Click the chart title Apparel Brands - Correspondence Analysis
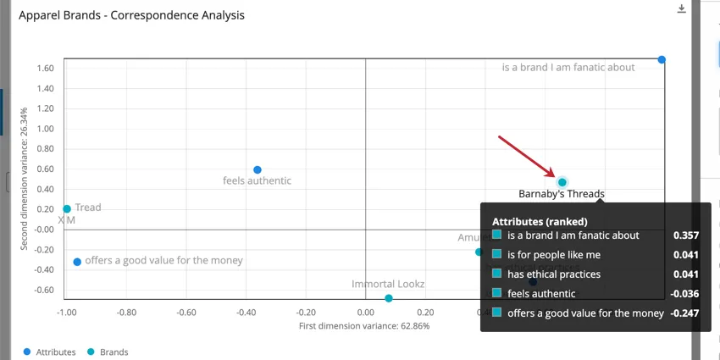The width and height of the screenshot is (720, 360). point(131,15)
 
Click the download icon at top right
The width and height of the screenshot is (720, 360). point(681,9)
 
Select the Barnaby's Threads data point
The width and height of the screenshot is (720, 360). point(562,182)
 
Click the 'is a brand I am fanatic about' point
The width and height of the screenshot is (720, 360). point(662,59)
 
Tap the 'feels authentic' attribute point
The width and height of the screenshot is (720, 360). point(258,170)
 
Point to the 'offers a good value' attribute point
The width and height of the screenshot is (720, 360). point(77,262)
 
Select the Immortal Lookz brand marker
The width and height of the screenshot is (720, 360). point(389,298)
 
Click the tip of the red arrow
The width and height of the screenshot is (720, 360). point(554,174)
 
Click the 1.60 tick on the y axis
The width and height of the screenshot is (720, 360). point(46,69)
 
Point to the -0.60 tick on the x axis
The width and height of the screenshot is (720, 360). point(186,312)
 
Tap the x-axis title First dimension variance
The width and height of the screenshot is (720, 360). point(364,326)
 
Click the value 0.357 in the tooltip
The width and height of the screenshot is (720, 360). point(685,235)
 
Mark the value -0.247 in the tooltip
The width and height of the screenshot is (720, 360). point(684,313)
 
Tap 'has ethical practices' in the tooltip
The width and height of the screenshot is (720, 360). point(554,274)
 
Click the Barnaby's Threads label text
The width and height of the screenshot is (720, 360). point(562,194)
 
